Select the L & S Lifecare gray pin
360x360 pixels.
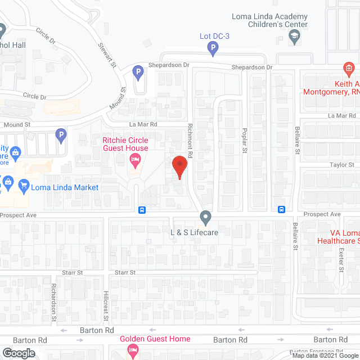coord(206,217)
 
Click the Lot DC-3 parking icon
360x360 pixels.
coord(213,49)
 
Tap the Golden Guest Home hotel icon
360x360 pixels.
coord(133,350)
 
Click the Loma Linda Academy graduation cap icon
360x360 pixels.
coord(294,37)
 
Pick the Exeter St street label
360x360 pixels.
coord(341,258)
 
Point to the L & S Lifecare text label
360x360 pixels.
coord(194,231)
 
